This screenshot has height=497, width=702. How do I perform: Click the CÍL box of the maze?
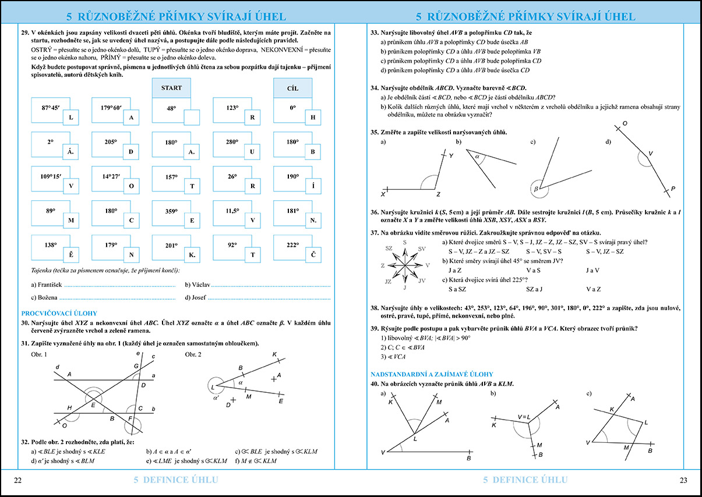click(x=292, y=88)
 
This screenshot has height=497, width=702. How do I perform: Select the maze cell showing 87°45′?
click(x=50, y=108)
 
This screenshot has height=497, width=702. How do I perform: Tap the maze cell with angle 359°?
click(x=171, y=211)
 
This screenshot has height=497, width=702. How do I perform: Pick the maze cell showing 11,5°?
click(x=232, y=211)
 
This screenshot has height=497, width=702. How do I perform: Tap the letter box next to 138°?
click(x=71, y=255)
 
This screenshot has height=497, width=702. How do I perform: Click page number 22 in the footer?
click(x=17, y=480)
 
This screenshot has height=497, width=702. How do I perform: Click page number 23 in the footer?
click(x=683, y=480)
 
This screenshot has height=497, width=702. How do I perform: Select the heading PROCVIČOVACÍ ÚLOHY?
click(x=59, y=313)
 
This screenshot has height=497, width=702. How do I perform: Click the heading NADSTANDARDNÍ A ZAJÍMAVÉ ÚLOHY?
click(x=432, y=374)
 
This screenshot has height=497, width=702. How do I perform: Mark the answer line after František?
click(x=119, y=285)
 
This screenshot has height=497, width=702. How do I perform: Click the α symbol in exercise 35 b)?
click(x=477, y=157)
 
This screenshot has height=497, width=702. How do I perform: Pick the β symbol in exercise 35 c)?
click(x=535, y=189)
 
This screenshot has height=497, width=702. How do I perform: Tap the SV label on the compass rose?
click(x=421, y=248)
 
